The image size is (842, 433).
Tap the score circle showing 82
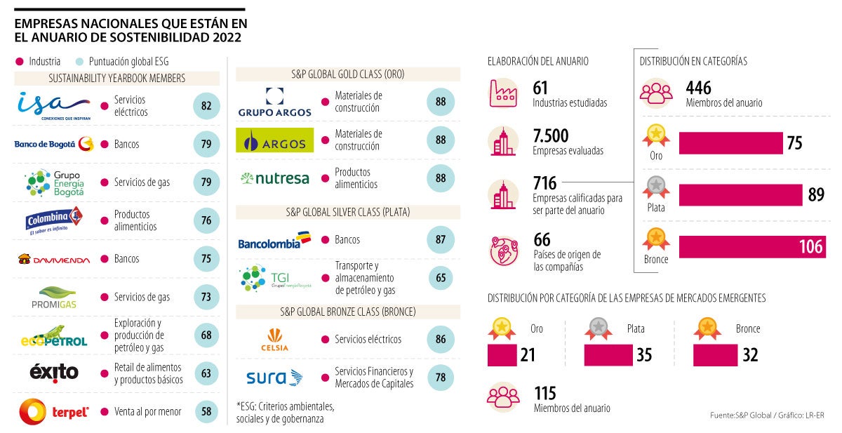click(206, 106)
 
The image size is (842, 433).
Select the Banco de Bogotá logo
click(54, 144)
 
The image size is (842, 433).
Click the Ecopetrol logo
click(53, 335)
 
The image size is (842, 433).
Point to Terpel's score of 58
click(206, 412)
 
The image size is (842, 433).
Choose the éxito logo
click(54, 373)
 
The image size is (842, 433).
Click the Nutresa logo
click(274, 178)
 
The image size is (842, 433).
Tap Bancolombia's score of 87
click(441, 239)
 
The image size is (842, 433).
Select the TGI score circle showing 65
click(441, 277)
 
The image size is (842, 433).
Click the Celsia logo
click(274, 339)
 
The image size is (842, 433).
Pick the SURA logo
click(274, 378)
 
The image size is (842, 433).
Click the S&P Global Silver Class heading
click(347, 211)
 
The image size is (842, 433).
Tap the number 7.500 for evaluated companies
click(551, 136)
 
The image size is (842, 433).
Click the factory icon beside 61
click(503, 93)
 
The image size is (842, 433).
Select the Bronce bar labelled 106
click(751, 246)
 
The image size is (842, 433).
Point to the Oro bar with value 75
click(730, 143)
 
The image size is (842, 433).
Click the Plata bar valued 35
click(608, 355)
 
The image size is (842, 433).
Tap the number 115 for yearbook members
click(545, 394)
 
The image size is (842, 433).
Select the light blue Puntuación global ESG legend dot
click(79, 61)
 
